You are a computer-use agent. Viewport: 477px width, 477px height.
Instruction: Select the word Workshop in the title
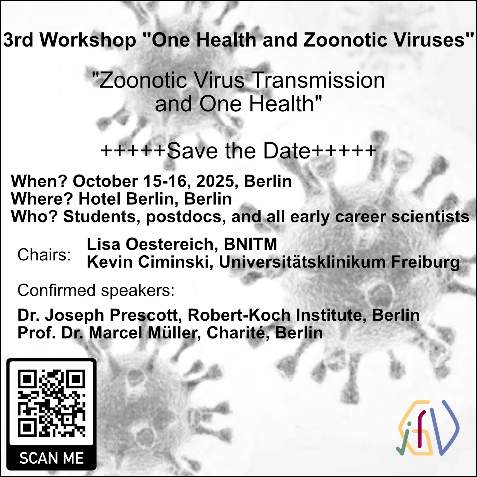[88, 40]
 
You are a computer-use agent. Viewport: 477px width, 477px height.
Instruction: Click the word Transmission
[319, 80]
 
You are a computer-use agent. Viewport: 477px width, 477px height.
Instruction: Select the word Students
[100, 217]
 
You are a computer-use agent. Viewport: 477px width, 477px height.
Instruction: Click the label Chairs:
[44, 255]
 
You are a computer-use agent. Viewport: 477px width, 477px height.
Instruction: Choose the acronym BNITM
[251, 244]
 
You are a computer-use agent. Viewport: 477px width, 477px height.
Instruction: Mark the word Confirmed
[56, 290]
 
